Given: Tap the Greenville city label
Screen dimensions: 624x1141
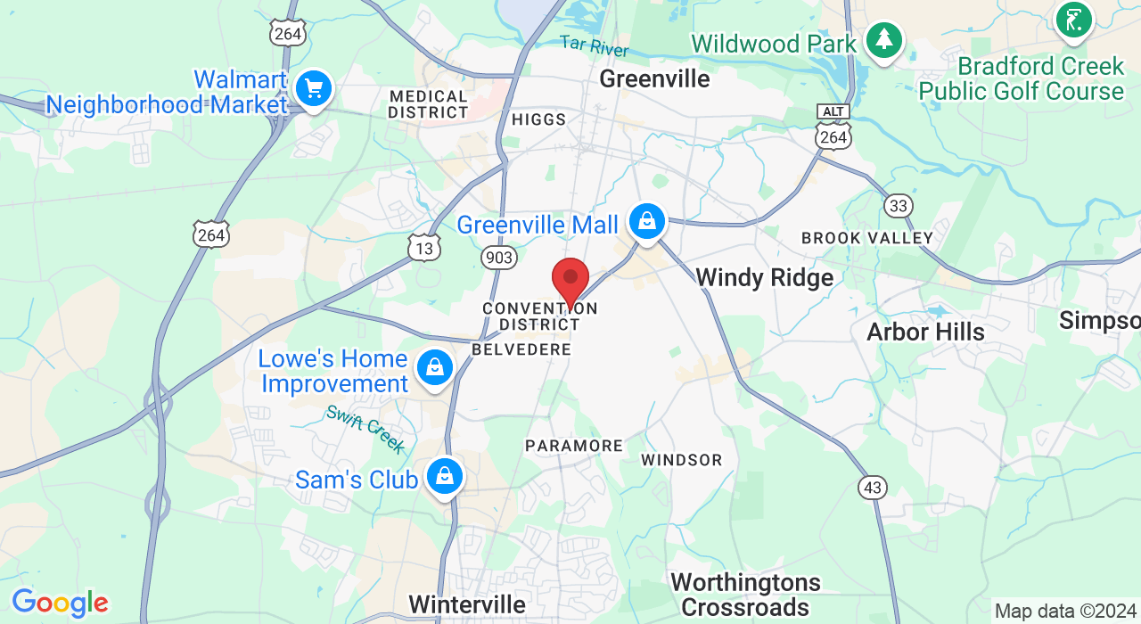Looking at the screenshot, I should [654, 78].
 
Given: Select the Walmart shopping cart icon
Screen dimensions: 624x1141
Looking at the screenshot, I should [314, 88].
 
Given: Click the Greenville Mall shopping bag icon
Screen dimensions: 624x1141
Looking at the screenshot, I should [647, 220].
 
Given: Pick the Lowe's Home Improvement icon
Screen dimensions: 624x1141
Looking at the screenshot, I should [435, 366].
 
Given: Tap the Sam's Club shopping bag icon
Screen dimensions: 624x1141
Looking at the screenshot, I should [444, 476].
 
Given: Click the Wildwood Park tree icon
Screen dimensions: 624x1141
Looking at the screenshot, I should [883, 39].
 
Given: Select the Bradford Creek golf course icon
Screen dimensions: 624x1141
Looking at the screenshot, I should [1073, 20].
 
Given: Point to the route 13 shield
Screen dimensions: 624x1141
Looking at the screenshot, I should [424, 248].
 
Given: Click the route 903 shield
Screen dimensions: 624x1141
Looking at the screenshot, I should [498, 258].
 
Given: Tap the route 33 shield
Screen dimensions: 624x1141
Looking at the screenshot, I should [899, 207].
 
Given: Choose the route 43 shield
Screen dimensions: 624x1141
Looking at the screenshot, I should [874, 487].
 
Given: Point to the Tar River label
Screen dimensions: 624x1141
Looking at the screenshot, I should [594, 45].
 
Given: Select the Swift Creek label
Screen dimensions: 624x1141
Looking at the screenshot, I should [365, 429].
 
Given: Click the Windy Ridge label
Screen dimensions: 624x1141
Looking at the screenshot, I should [764, 277].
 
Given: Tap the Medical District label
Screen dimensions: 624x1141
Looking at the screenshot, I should [428, 104].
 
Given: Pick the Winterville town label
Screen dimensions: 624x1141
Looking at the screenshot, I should [467, 603].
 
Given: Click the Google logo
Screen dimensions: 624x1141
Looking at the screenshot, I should [60, 603].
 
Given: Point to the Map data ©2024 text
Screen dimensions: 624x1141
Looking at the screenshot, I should [1065, 612].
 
